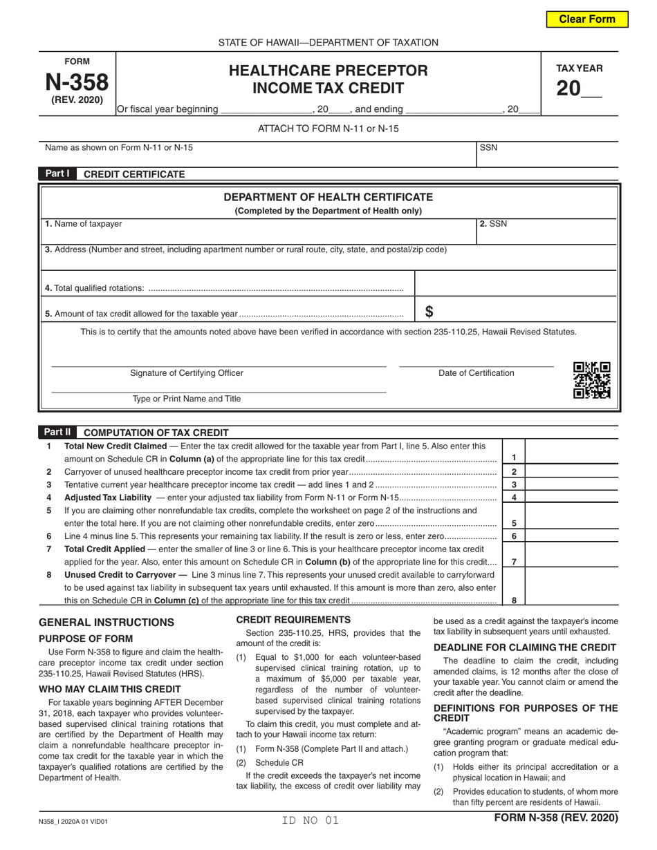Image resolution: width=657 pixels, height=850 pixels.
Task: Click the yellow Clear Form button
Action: click(587, 19)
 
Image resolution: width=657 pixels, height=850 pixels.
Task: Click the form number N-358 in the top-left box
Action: click(77, 83)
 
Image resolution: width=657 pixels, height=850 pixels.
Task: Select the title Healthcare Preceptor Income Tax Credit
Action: click(328, 79)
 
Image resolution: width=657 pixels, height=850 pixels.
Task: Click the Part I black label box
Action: click(57, 174)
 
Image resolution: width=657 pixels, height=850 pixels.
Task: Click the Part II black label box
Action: click(57, 432)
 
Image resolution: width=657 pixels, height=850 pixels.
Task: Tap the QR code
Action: click(592, 381)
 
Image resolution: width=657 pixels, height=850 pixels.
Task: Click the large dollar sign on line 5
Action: click(429, 312)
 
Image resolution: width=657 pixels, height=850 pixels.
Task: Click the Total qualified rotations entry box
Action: click(515, 283)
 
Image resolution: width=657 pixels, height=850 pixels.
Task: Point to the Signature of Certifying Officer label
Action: click(187, 373)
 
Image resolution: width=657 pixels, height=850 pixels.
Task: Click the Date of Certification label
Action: click(476, 373)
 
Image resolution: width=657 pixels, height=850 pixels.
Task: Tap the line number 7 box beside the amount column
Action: click(513, 562)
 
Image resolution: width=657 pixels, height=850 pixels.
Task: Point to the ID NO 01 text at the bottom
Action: click(311, 820)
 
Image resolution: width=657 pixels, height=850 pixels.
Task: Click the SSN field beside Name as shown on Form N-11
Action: click(546, 153)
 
